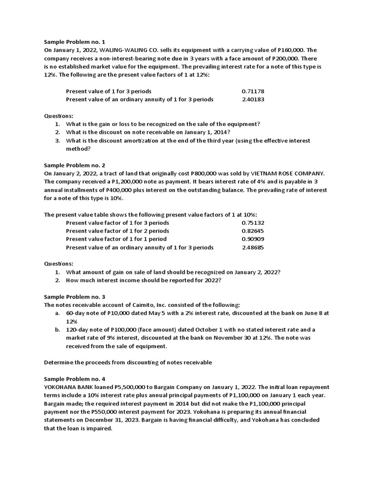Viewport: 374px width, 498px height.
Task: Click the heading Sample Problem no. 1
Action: tap(75, 42)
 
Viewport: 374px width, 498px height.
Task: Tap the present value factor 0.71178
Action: tap(253, 91)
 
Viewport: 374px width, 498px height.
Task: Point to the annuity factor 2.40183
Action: tap(253, 99)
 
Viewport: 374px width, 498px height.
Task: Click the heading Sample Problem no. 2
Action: tap(75, 165)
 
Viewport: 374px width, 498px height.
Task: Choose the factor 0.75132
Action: tap(253, 223)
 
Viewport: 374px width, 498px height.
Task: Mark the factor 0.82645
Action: tap(253, 231)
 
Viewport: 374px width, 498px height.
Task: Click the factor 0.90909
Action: tap(253, 239)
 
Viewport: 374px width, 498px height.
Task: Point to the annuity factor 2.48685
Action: tap(253, 248)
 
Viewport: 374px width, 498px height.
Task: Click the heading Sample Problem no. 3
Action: tap(75, 297)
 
